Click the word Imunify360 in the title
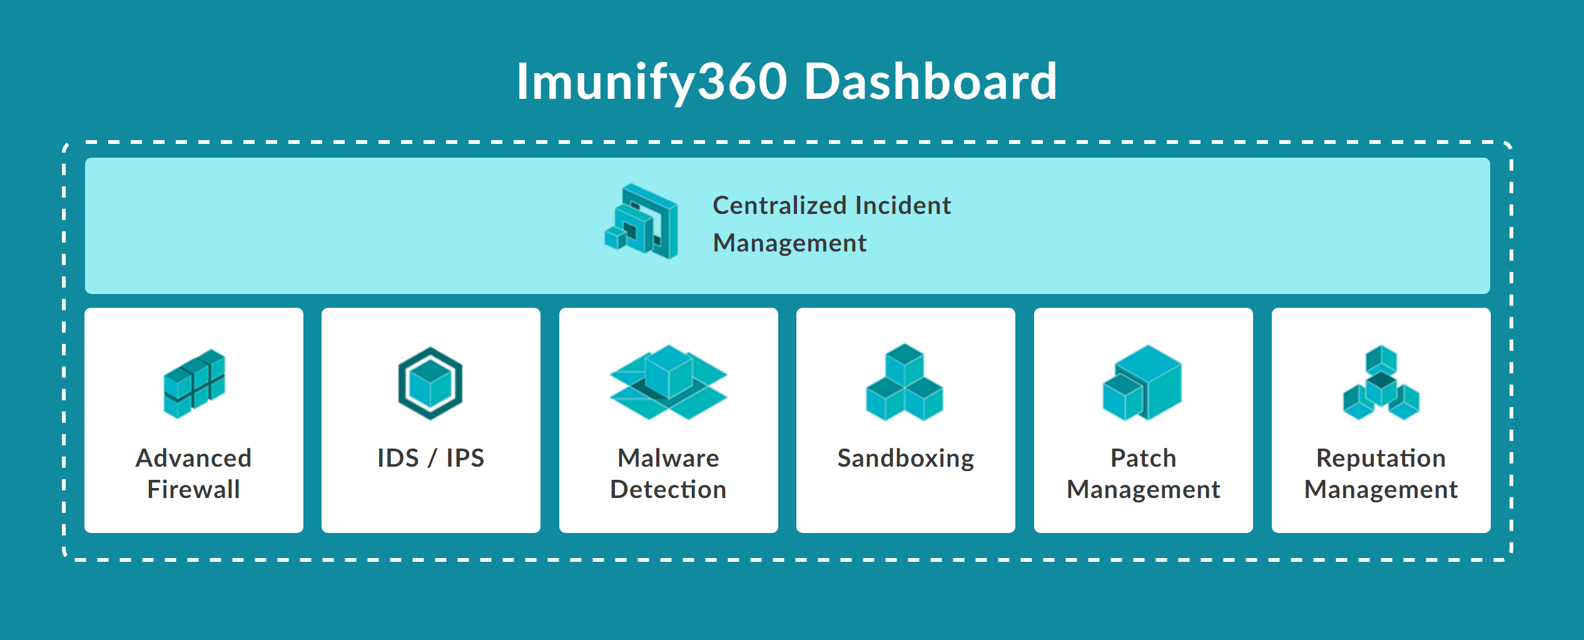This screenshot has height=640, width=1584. pyautogui.click(x=651, y=83)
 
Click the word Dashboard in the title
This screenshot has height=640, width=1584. pyautogui.click(x=930, y=81)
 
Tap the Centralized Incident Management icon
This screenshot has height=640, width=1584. pyautogui.click(x=641, y=221)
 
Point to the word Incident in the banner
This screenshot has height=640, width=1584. pyautogui.click(x=903, y=205)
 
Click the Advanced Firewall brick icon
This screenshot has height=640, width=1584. pyautogui.click(x=194, y=383)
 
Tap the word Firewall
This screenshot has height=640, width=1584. pyautogui.click(x=193, y=489)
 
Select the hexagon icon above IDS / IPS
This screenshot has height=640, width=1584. pyautogui.click(x=430, y=383)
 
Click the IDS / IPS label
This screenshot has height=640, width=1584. pyautogui.click(x=430, y=458)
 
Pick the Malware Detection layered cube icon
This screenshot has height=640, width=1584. pyautogui.click(x=668, y=382)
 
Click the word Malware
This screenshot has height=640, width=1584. pyautogui.click(x=668, y=458)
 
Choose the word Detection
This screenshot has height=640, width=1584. pyautogui.click(x=668, y=489)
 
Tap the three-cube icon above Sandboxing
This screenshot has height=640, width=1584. pyautogui.click(x=905, y=382)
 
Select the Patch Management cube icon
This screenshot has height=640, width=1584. pyautogui.click(x=1142, y=383)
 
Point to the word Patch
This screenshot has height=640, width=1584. pyautogui.click(x=1144, y=458)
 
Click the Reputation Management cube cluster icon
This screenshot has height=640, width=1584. pyautogui.click(x=1381, y=382)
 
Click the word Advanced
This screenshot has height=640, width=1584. pyautogui.click(x=193, y=458)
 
